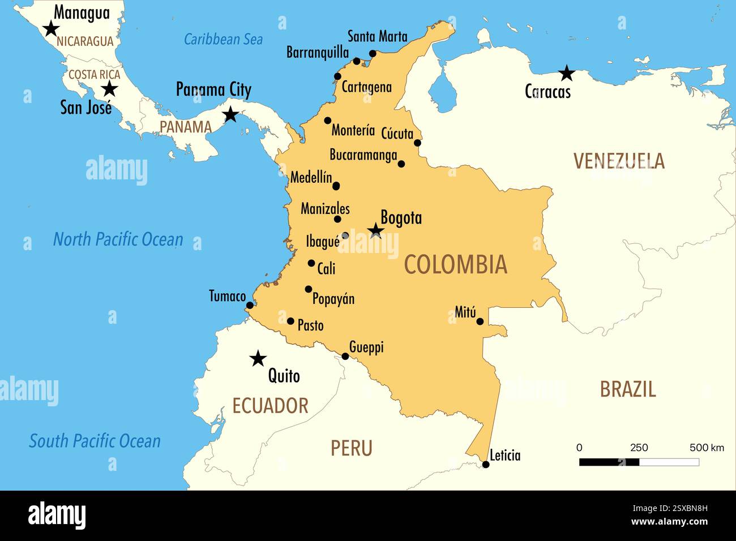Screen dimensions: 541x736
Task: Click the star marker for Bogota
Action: (375, 230)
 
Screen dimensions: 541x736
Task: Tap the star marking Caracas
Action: (566, 73)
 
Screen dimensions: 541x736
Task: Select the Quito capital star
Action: (258, 358)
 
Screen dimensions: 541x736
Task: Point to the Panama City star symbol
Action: (230, 115)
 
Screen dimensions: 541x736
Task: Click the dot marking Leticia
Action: (486, 465)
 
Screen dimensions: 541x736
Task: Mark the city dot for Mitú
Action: (480, 321)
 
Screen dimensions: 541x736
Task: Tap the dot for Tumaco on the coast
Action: (250, 306)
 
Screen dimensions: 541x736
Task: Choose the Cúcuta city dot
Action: (417, 143)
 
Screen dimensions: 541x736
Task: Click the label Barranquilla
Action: (318, 53)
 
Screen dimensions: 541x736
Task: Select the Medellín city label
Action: (311, 178)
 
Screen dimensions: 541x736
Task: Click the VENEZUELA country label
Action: (619, 161)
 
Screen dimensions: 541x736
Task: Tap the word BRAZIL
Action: (627, 389)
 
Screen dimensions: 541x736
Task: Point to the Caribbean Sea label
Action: (223, 39)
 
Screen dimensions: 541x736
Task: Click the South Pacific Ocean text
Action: (95, 441)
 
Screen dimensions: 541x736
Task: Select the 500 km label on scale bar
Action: (706, 448)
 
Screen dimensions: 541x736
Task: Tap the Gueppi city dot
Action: (345, 356)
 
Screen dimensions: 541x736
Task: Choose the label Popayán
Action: (333, 299)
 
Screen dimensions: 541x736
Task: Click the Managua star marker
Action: (51, 28)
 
